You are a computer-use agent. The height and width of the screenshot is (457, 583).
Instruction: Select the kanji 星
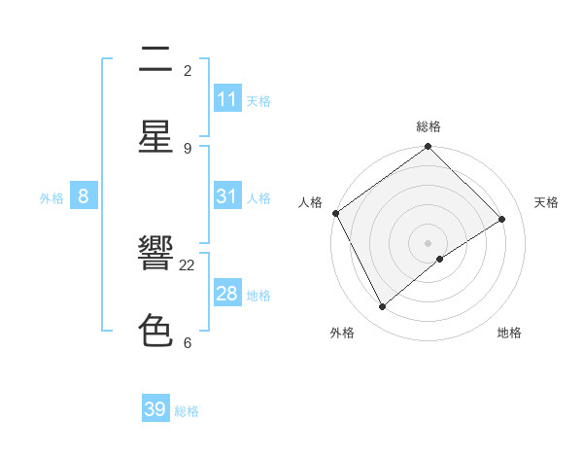coord(155,137)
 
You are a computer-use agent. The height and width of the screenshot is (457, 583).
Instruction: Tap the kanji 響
coord(155,254)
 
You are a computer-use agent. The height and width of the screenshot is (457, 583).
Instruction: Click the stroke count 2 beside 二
coord(188,70)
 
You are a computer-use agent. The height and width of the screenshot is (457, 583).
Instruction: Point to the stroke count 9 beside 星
coord(188,148)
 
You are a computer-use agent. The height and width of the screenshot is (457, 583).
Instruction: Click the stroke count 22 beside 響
coord(188,264)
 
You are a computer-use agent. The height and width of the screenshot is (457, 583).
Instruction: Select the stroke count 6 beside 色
coord(188,342)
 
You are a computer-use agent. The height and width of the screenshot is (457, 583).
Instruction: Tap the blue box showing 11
coord(227,99)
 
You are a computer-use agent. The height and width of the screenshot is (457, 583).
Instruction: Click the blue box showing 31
coord(227,196)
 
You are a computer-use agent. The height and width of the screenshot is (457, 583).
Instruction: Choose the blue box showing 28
coord(227,294)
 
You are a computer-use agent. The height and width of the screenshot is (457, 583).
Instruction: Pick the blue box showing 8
coord(84,196)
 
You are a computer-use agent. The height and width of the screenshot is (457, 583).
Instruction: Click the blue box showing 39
coord(155,409)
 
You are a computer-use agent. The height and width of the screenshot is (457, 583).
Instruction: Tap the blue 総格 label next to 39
coord(187,411)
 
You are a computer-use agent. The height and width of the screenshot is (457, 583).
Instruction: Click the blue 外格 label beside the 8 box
coord(51,198)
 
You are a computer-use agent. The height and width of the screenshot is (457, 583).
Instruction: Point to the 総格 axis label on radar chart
coord(429,126)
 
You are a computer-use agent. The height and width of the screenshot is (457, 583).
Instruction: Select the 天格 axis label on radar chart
coord(546,202)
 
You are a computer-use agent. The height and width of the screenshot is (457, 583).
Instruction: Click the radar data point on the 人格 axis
coord(336,213)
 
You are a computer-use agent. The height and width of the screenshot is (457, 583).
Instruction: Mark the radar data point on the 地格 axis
coord(440,259)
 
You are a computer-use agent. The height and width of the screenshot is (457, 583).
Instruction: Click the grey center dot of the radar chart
coord(429,242)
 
